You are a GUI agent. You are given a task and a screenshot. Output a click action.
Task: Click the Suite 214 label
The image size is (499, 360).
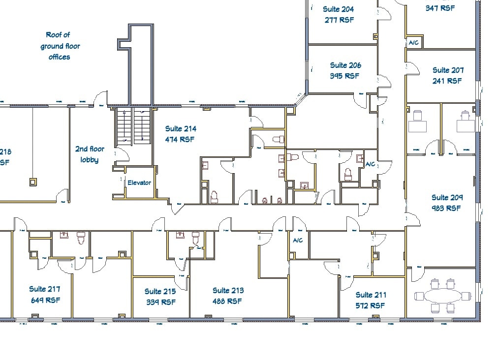click(x=181, y=129)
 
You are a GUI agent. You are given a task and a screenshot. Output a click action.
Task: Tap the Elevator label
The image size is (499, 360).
click(x=139, y=183)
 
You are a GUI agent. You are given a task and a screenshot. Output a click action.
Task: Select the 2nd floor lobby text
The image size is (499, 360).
click(x=90, y=154)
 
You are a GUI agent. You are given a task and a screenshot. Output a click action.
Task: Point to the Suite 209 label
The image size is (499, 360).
click(x=447, y=198)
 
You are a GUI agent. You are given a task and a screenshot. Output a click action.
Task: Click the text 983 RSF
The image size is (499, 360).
click(x=447, y=208)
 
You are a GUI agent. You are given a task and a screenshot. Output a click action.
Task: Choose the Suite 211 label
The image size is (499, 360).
click(x=371, y=295)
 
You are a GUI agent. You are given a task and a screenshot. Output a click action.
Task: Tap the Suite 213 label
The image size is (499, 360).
click(x=228, y=291)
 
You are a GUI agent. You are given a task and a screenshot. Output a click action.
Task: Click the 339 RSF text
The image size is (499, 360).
click(x=160, y=302)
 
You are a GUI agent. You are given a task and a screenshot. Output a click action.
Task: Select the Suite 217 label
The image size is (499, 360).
click(x=44, y=289)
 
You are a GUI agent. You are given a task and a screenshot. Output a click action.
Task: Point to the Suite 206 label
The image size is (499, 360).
click(x=345, y=65)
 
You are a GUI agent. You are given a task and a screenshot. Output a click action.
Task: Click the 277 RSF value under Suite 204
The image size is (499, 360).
click(x=339, y=20)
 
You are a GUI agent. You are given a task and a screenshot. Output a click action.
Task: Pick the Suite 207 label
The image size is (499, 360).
click(x=448, y=70)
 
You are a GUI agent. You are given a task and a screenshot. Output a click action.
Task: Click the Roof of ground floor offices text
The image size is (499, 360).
click(x=59, y=46)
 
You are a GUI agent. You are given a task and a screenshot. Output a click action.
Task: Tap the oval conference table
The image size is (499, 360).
click(x=442, y=296)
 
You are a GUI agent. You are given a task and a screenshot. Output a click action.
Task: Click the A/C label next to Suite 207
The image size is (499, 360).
click(x=413, y=43)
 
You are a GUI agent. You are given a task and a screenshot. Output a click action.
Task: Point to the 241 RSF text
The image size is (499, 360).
click(x=447, y=81)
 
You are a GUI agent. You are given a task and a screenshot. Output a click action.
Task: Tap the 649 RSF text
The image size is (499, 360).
click(x=45, y=300)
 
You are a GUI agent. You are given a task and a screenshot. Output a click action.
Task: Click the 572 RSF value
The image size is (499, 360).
click(x=370, y=306)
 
